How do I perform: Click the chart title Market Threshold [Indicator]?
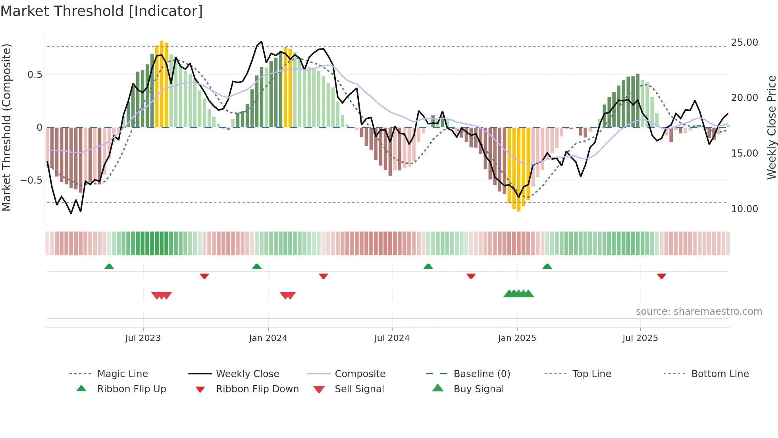pyautogui.click(x=102, y=11)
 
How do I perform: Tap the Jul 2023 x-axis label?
pyautogui.click(x=143, y=338)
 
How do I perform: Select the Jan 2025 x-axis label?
pyautogui.click(x=517, y=338)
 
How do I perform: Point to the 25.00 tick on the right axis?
pyautogui.click(x=744, y=43)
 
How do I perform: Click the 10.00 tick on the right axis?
pyautogui.click(x=744, y=209)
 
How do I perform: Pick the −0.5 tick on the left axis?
pyautogui.click(x=31, y=180)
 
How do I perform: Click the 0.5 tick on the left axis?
pyautogui.click(x=35, y=75)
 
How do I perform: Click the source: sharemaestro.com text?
pyautogui.click(x=699, y=312)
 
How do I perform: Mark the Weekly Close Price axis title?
pyautogui.click(x=771, y=127)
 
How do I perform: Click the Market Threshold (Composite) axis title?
pyautogui.click(x=6, y=127)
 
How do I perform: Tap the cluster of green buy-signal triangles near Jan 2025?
pyautogui.click(x=518, y=294)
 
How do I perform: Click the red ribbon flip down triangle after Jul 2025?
pyautogui.click(x=661, y=276)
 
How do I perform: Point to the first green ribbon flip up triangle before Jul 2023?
pyautogui.click(x=109, y=266)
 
